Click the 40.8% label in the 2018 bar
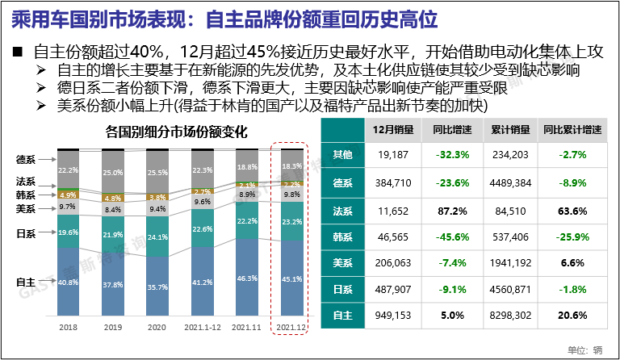point(69,283)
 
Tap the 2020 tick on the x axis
point(157,328)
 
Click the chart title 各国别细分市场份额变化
point(176,132)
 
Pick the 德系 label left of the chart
point(26,158)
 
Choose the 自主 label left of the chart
point(26,282)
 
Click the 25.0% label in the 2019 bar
point(113,173)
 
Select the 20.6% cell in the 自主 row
point(572,313)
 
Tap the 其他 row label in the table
point(343,154)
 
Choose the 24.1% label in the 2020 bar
point(157,237)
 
